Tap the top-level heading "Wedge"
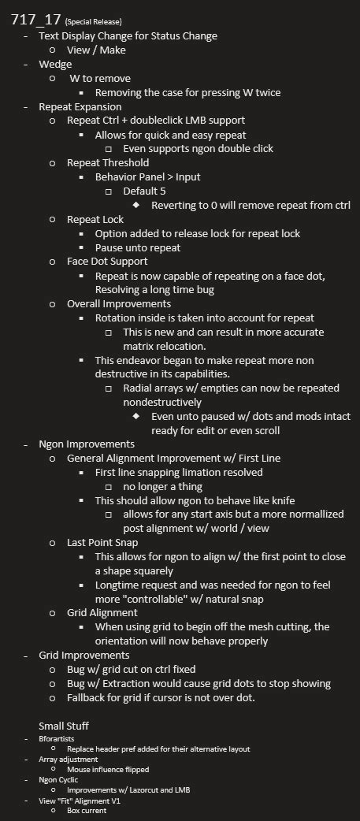pyautogui.click(x=55, y=64)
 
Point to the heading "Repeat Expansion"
pyautogui.click(x=80, y=106)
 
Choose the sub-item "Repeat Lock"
pyautogui.click(x=95, y=220)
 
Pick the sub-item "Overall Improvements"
pyautogui.click(x=118, y=303)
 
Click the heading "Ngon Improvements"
pyautogui.click(x=87, y=444)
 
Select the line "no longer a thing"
pyautogui.click(x=165, y=486)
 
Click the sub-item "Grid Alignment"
pyautogui.click(x=102, y=612)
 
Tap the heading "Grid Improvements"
pyautogui.click(x=84, y=655)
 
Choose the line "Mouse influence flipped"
pyautogui.click(x=108, y=769)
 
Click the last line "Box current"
pyautogui.click(x=87, y=810)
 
